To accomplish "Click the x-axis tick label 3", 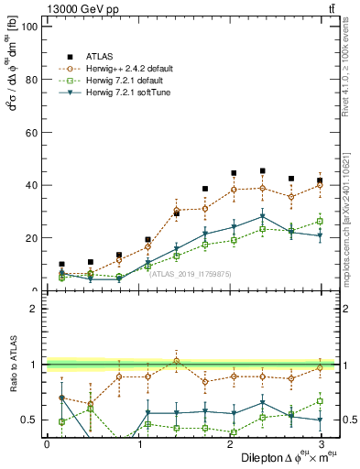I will click(x=320, y=444).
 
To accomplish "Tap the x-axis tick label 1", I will click(x=137, y=444).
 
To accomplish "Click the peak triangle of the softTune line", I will click(x=263, y=217).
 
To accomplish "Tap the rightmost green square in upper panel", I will click(x=320, y=221).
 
